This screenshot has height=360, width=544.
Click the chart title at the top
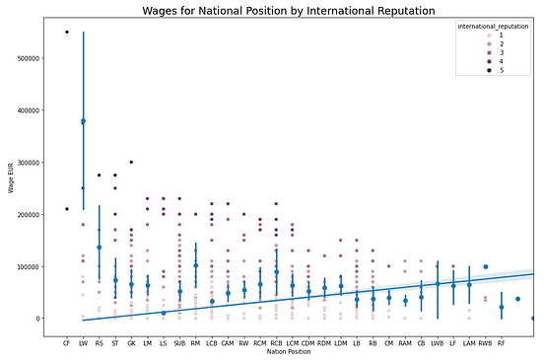point(275,11)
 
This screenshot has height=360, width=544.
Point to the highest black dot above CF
point(67,32)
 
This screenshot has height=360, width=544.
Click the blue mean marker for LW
point(83,121)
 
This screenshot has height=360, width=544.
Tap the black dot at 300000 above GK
point(131,162)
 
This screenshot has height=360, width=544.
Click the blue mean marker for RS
point(99,248)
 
